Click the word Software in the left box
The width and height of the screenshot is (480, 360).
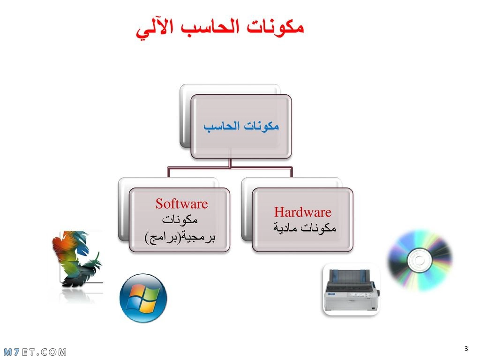coord(181,204)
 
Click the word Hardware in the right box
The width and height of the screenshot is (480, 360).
coord(302,212)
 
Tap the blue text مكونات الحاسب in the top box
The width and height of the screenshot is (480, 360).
coord(241,126)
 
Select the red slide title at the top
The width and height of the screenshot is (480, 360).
coord(220,29)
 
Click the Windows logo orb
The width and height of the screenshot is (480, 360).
coord(143,298)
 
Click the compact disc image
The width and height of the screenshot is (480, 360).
coord(420,261)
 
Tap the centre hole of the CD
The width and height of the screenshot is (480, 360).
coord(420,261)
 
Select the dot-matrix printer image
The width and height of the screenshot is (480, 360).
coord(352,290)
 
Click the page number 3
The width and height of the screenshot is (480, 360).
coord(466,348)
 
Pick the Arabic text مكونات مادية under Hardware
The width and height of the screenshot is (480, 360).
coord(305,227)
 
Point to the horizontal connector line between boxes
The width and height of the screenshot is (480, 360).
coord(230,167)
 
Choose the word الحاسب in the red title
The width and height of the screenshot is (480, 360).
coord(210,27)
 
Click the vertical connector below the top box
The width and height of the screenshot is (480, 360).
coord(230,163)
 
